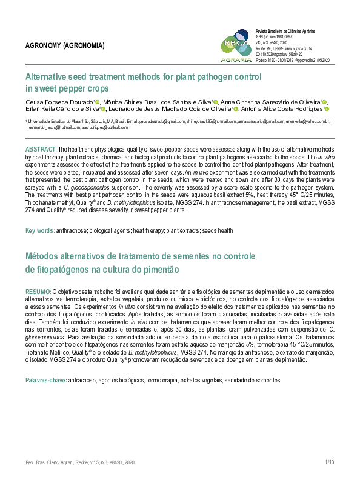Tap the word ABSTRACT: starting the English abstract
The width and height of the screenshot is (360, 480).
[41, 148]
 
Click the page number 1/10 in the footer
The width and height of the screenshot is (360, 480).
[330, 462]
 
